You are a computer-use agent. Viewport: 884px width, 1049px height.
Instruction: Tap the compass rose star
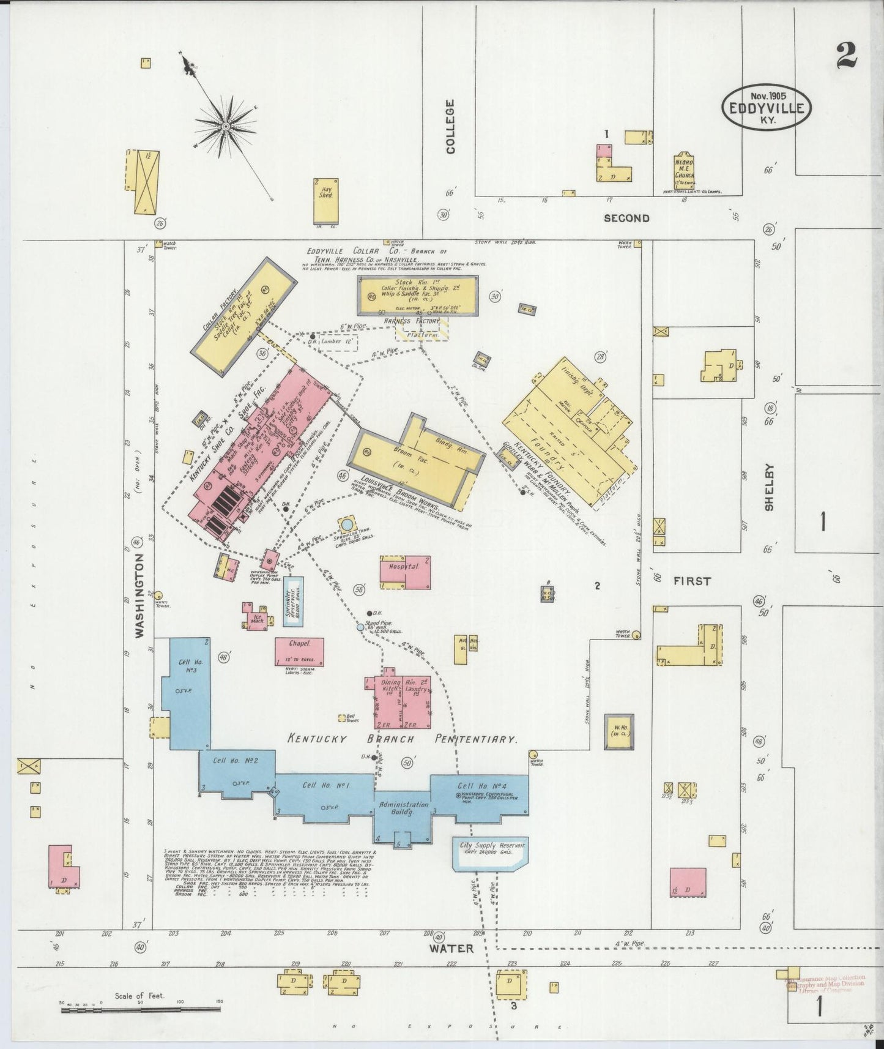pyautogui.click(x=225, y=126)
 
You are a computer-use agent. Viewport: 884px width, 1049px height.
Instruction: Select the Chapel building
pyautogui.click(x=299, y=651)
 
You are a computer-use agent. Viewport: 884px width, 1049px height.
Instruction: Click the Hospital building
pyautogui.click(x=404, y=572)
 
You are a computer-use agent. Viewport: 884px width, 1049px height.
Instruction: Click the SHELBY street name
pyautogui.click(x=769, y=487)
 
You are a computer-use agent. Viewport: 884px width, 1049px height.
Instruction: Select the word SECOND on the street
pyautogui.click(x=626, y=218)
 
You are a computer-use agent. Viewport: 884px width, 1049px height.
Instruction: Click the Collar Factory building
pyautogui.click(x=243, y=315)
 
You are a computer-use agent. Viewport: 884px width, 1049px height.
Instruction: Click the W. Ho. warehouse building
pyautogui.click(x=618, y=731)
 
